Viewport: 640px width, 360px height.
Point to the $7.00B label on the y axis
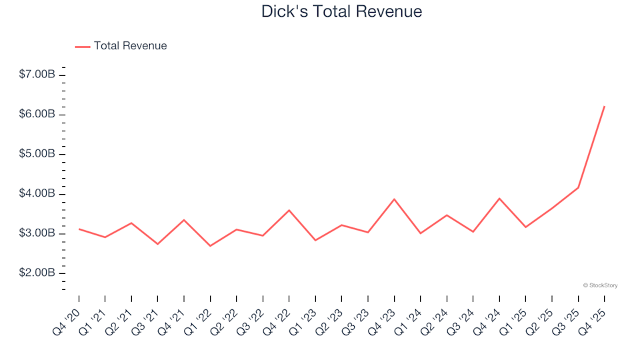(x=37, y=75)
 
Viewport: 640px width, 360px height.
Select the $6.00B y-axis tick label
(x=37, y=114)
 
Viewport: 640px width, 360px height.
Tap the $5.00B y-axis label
(x=37, y=154)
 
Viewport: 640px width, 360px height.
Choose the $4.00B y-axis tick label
(x=37, y=194)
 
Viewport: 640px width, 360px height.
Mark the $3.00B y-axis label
(x=37, y=234)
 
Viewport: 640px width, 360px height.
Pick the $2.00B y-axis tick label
(x=37, y=273)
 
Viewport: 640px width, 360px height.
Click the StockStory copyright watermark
(x=600, y=285)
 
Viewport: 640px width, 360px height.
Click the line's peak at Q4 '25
(x=604, y=107)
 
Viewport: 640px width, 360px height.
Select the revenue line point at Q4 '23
(x=394, y=199)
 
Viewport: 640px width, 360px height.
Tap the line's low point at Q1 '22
(x=210, y=246)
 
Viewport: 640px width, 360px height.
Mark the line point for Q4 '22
(x=289, y=210)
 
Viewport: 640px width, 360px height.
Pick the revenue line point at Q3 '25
(x=578, y=187)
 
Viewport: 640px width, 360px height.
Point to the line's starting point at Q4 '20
(x=79, y=229)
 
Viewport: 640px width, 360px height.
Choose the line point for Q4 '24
(x=499, y=199)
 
